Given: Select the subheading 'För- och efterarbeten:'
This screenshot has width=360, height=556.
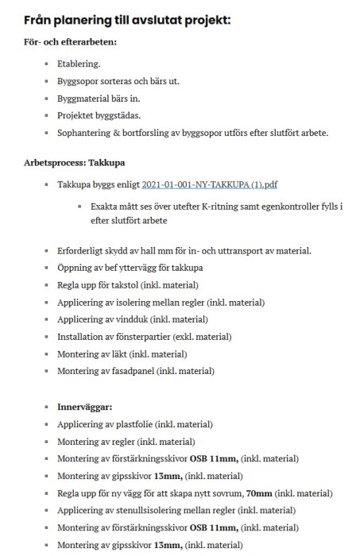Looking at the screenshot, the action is [70, 41].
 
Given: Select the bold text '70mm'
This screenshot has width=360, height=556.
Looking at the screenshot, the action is [259, 492].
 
